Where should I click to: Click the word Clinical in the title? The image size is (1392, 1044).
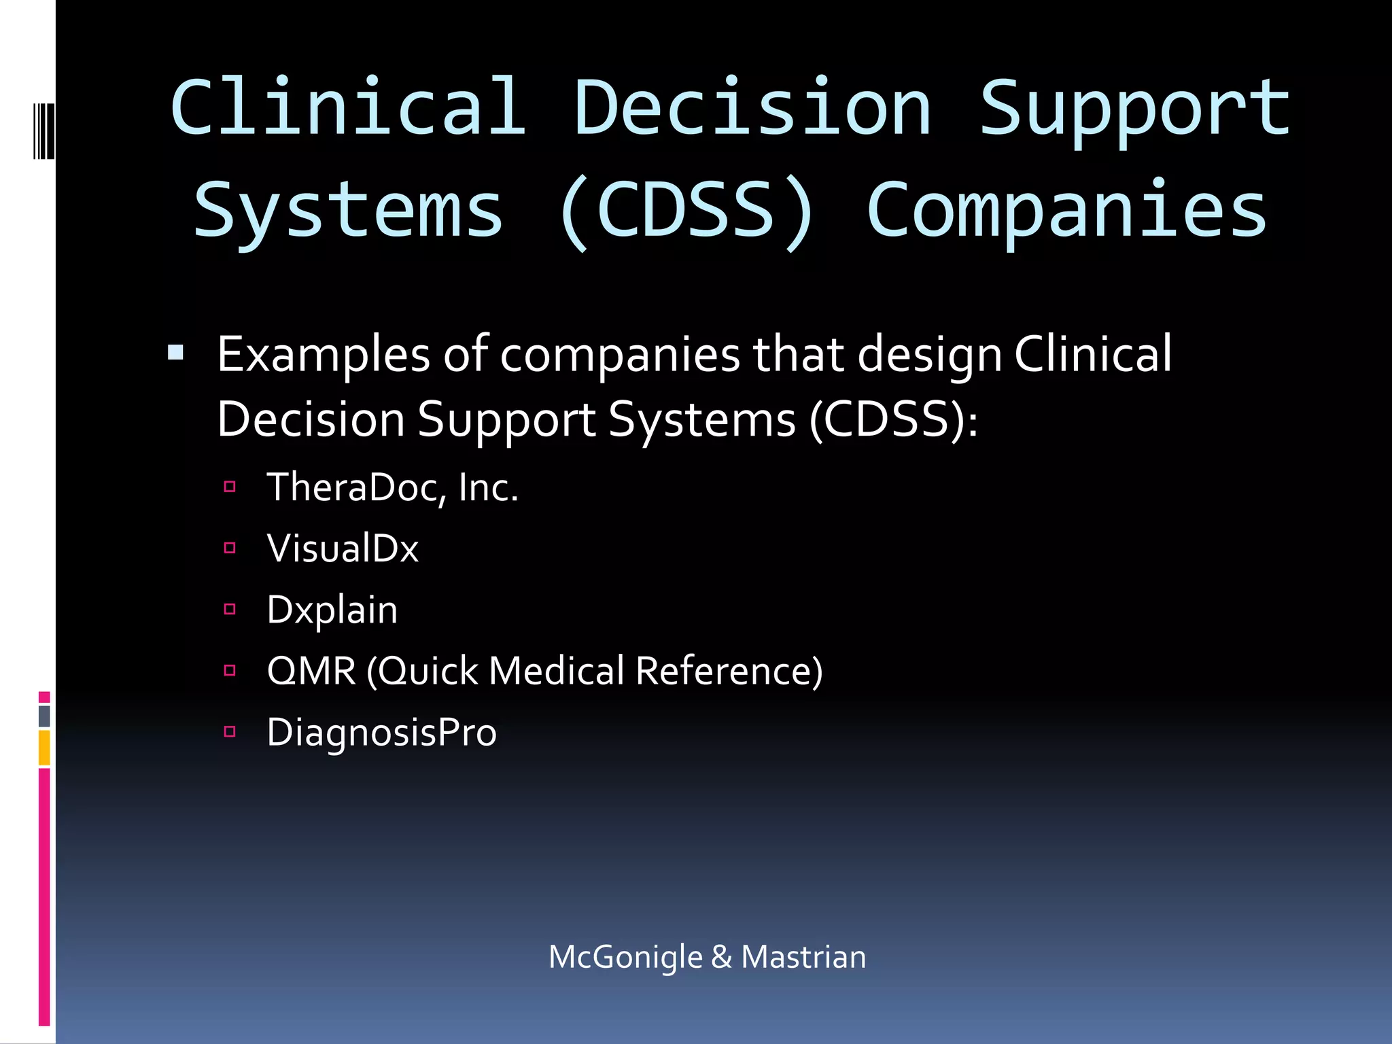pos(348,107)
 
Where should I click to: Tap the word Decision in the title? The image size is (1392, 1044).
pos(752,107)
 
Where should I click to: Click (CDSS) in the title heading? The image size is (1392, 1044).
pos(685,211)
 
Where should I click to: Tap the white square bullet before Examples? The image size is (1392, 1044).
pos(176,352)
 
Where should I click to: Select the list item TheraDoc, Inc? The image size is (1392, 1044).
pos(392,487)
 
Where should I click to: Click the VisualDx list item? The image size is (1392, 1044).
pos(343,548)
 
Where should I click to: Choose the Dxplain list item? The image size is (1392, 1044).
pos(332,610)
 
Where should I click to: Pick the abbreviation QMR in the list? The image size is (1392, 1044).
pos(311,671)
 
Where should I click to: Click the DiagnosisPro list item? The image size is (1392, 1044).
pos(381,733)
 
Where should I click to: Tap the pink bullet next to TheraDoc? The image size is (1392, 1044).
pos(230,487)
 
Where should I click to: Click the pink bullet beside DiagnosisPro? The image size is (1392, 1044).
pos(230,732)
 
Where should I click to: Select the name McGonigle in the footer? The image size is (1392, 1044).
pos(625,957)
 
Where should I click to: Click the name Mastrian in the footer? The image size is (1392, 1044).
pos(803,957)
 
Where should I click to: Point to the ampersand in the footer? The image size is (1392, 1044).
pos(721,957)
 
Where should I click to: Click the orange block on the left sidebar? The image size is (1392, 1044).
pos(44,748)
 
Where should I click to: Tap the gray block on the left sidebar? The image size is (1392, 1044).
pos(44,716)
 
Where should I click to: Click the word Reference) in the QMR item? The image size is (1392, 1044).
pos(729,671)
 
